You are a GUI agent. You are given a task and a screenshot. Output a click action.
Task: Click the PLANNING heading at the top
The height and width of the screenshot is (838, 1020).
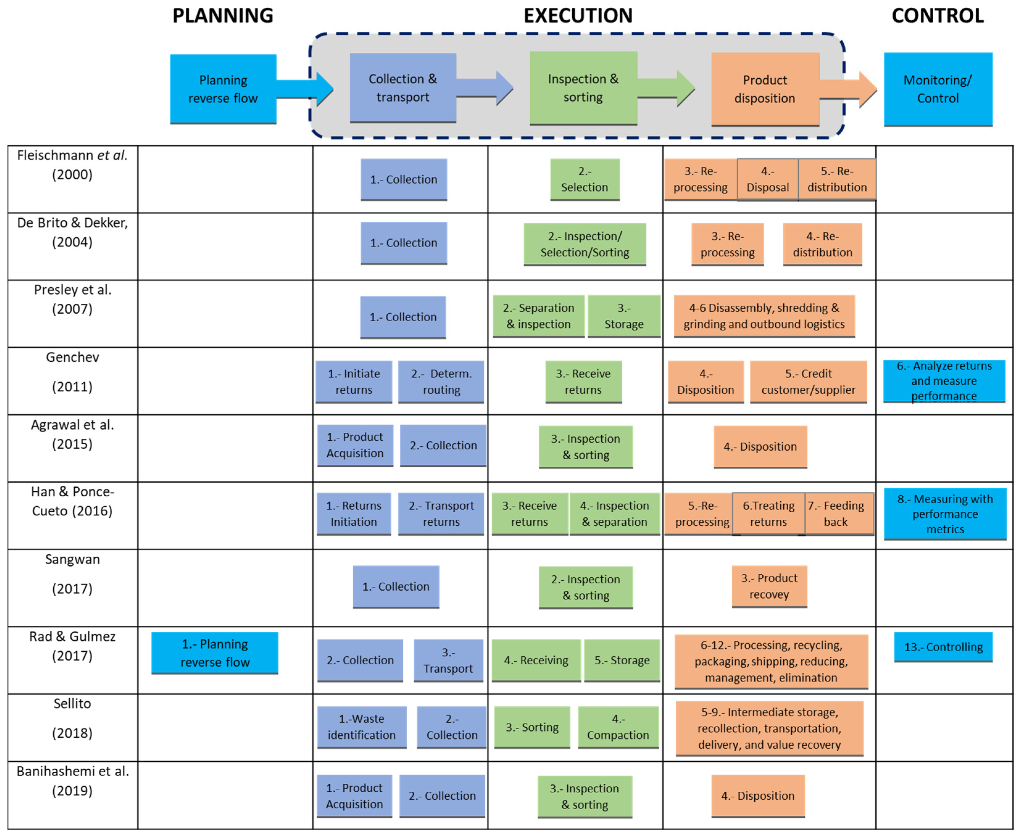pyautogui.click(x=223, y=16)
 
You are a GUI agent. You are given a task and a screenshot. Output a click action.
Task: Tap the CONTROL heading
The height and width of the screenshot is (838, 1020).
pyautogui.click(x=937, y=16)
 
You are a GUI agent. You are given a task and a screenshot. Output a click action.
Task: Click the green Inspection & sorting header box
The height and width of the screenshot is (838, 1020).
pyautogui.click(x=583, y=88)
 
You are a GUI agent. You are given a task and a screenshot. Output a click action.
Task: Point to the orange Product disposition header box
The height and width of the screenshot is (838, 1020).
pyautogui.click(x=765, y=89)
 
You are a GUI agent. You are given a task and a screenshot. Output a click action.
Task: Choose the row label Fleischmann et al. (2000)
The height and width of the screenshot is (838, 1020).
pyautogui.click(x=73, y=165)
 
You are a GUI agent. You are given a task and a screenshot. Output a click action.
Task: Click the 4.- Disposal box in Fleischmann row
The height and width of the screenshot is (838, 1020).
pyautogui.click(x=767, y=179)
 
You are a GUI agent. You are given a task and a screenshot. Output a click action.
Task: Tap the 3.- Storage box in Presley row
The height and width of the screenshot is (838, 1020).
pyautogui.click(x=624, y=316)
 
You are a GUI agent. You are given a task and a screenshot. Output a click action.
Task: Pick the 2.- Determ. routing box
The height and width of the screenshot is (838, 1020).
pyautogui.click(x=441, y=381)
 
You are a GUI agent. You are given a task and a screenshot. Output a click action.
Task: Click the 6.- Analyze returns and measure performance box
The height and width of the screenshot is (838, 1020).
pyautogui.click(x=944, y=381)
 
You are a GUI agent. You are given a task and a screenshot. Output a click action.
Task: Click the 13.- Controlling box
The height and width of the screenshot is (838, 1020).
pyautogui.click(x=943, y=647)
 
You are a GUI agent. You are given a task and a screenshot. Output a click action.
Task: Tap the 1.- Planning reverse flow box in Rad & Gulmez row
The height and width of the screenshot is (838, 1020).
pyautogui.click(x=215, y=653)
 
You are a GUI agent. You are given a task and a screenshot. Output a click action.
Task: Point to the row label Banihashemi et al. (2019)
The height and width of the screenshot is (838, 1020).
pyautogui.click(x=73, y=781)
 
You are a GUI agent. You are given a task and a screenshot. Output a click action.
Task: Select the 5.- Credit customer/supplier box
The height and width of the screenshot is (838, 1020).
pyautogui.click(x=808, y=381)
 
